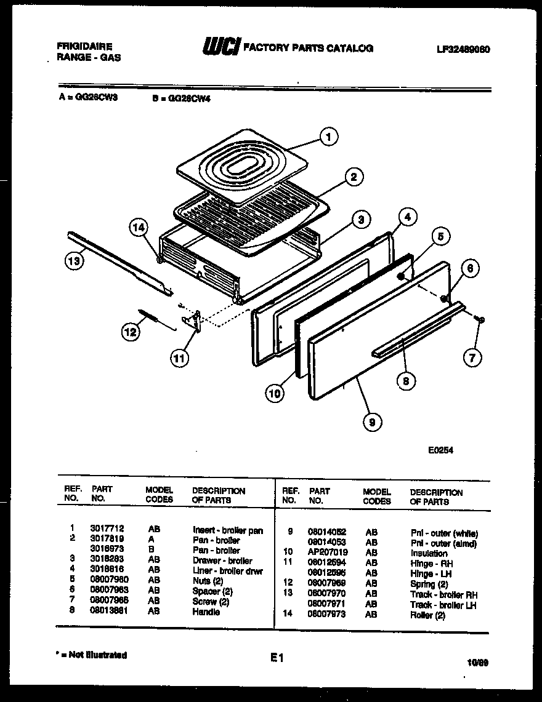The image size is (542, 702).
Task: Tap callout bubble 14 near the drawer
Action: point(139,228)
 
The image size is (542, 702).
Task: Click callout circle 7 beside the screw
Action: point(472,357)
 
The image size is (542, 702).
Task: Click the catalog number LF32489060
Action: point(463,49)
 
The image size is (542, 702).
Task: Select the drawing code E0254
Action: point(440,450)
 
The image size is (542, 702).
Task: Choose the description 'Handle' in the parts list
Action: point(206,612)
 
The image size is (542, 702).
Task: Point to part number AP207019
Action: point(328,553)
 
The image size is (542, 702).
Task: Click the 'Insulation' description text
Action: point(429,553)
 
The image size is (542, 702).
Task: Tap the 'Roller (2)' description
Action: point(427,615)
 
